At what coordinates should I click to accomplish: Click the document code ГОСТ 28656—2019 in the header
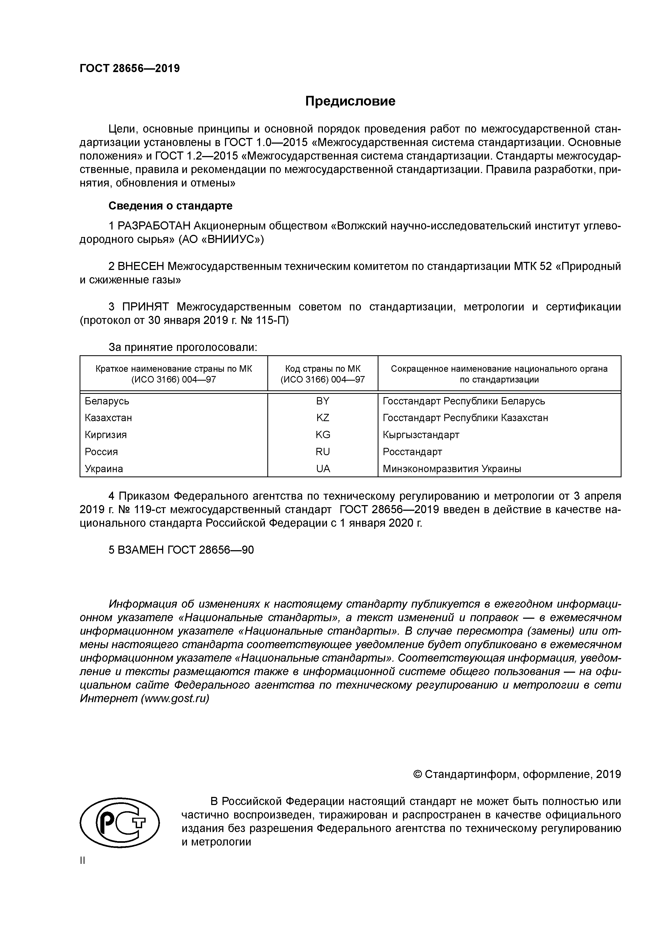click(x=129, y=69)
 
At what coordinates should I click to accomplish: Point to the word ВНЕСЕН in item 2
click(x=141, y=266)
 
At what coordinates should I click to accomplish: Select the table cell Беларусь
click(x=107, y=401)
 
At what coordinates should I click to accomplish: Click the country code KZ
click(x=323, y=418)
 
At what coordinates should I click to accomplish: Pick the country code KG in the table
click(x=323, y=435)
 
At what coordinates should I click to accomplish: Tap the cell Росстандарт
click(x=412, y=452)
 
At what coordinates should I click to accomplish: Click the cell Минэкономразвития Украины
click(x=452, y=469)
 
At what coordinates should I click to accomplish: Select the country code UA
click(x=323, y=469)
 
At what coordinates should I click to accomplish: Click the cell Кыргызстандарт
click(x=421, y=435)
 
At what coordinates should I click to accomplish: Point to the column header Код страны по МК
click(x=323, y=369)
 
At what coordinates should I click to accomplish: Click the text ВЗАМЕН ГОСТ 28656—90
click(x=181, y=550)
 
